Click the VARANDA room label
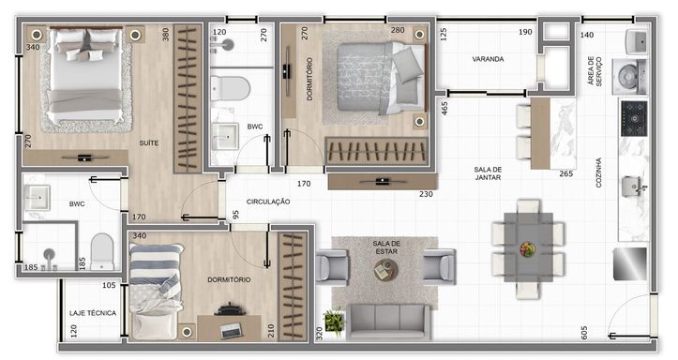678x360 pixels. [x=488, y=59]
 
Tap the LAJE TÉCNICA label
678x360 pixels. [x=93, y=313]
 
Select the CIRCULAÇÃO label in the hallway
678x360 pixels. [x=268, y=202]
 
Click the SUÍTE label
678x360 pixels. [x=149, y=142]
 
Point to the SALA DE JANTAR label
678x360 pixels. [x=488, y=173]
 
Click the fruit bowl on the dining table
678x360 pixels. [x=527, y=249]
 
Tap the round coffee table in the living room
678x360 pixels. [x=385, y=270]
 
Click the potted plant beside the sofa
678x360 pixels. [x=334, y=321]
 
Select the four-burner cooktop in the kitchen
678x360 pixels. [x=634, y=118]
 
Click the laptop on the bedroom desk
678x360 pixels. [x=232, y=330]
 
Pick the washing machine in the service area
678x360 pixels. [x=629, y=77]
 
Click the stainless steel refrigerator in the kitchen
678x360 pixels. [x=630, y=264]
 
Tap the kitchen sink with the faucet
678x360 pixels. [x=634, y=187]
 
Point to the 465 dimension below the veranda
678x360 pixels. [x=444, y=108]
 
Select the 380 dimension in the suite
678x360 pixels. [x=166, y=35]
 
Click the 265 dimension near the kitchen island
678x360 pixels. [x=566, y=173]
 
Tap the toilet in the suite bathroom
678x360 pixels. [x=102, y=252]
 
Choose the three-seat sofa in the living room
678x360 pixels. [x=388, y=322]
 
